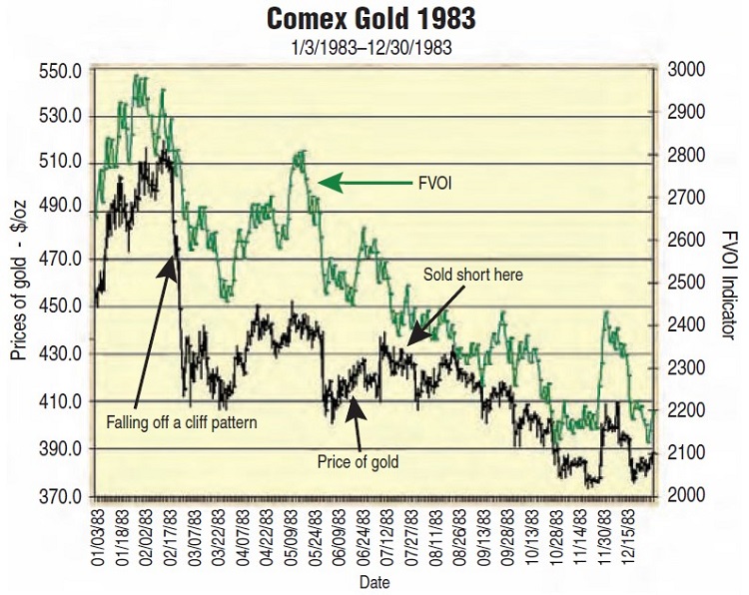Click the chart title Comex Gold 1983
coord(374,20)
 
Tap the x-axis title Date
coord(374,581)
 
